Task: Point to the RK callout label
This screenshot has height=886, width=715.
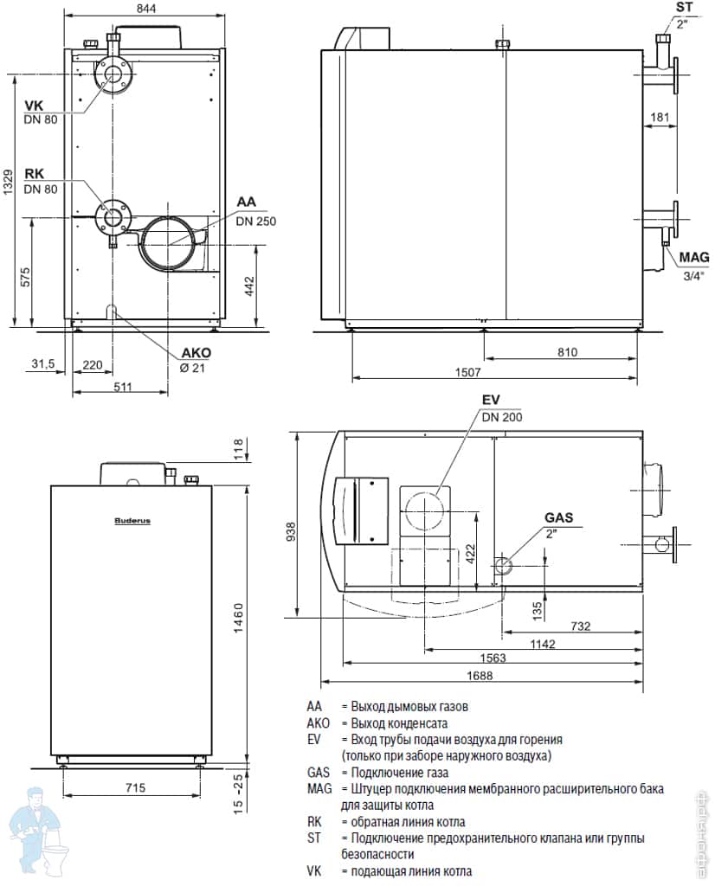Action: pyautogui.click(x=34, y=174)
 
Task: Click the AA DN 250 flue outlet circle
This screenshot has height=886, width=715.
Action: pyautogui.click(x=170, y=242)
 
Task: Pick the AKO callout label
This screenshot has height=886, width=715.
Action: pyautogui.click(x=196, y=353)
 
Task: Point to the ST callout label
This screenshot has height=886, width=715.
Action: pyautogui.click(x=684, y=8)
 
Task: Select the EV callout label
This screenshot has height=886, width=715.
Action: pyautogui.click(x=491, y=400)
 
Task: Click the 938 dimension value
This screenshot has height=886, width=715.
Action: pyautogui.click(x=292, y=528)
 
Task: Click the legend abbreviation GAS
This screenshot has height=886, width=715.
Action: pyautogui.click(x=319, y=772)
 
